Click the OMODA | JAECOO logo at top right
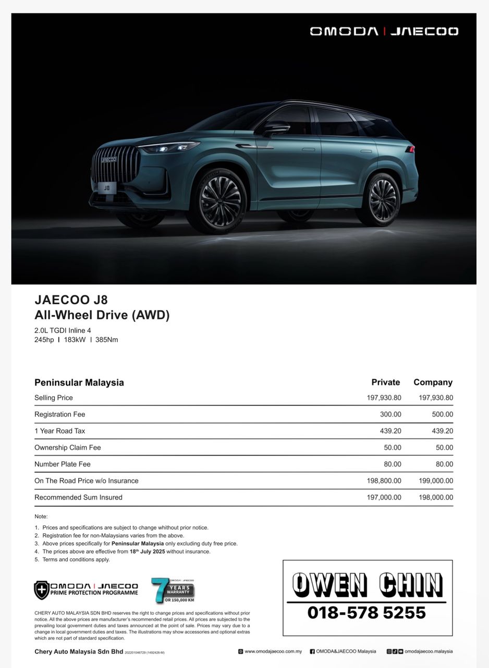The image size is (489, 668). tap(384, 31)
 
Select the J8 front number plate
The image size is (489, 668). tap(106, 187)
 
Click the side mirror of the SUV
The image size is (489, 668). tap(276, 128)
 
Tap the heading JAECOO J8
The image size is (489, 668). tap(71, 300)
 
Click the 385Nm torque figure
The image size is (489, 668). tap(106, 340)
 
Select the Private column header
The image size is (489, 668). tap(385, 383)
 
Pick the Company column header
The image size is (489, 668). tap(433, 383)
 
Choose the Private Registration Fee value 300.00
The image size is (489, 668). tap(390, 414)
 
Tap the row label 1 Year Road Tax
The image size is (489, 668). tap(59, 431)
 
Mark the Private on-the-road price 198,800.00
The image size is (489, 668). tap(384, 481)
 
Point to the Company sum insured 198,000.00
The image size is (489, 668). tap(436, 497)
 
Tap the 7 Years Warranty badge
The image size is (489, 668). tap(173, 590)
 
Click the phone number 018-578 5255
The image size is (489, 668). tap(366, 612)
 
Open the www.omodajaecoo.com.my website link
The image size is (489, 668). tap(273, 651)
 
